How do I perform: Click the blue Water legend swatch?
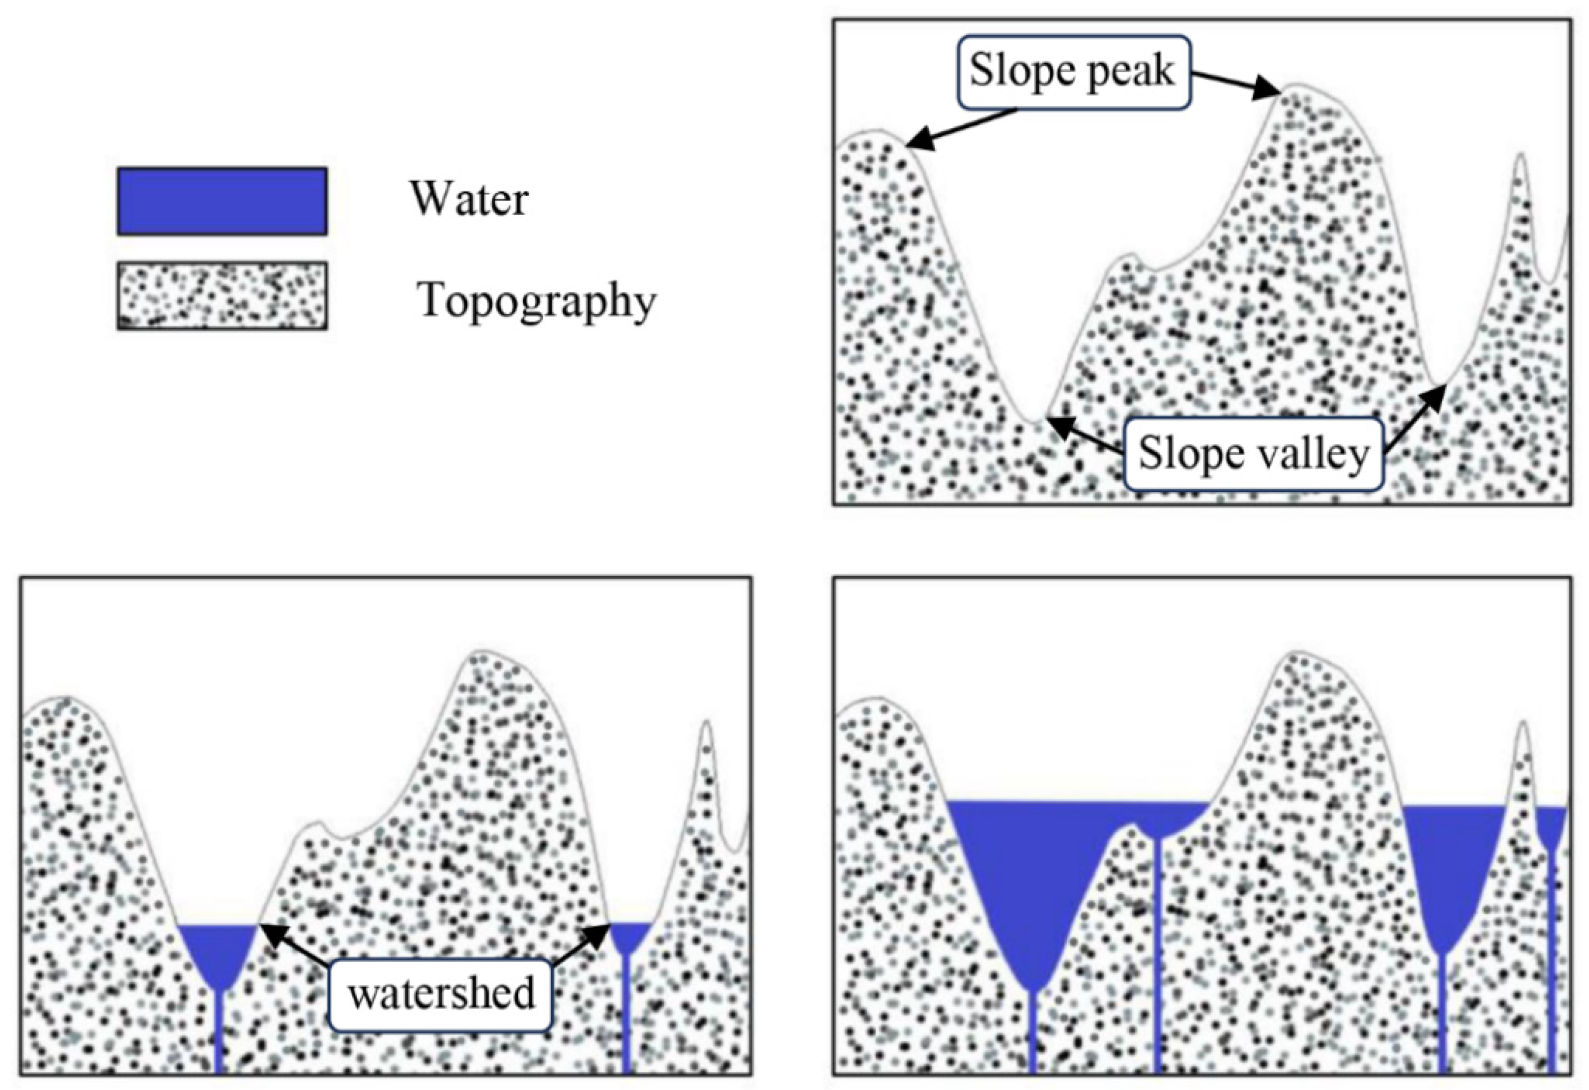pyautogui.click(x=222, y=201)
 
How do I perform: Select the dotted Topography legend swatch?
pyautogui.click(x=222, y=295)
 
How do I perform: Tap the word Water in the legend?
pyautogui.click(x=469, y=199)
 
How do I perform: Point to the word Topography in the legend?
pyautogui.click(x=536, y=300)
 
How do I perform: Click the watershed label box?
pyautogui.click(x=441, y=994)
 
